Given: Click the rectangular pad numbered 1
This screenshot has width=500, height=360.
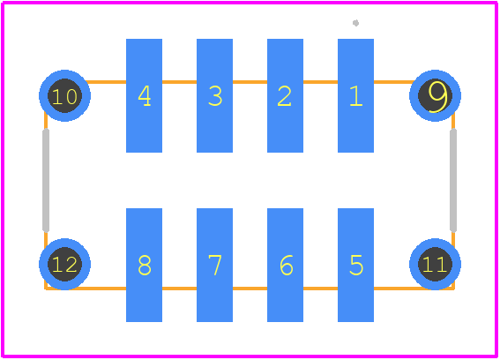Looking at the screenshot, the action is [355, 96].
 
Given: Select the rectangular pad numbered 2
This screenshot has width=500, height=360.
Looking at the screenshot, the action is [285, 96].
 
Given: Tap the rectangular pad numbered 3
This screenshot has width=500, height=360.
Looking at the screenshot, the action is [214, 96].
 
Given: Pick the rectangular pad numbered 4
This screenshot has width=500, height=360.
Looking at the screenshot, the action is [144, 96].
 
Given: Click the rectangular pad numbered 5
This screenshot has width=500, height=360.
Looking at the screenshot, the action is [355, 265].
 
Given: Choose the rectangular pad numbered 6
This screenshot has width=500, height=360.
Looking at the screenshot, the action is [285, 265].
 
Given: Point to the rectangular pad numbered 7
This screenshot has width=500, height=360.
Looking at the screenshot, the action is [214, 265].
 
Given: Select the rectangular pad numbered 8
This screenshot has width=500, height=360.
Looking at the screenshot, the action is [144, 265].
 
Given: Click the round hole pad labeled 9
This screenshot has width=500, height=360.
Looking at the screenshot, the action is [435, 96].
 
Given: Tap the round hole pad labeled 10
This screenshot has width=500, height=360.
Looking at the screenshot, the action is [64, 96].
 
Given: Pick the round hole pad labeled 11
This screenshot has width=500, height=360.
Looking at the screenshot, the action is [435, 264].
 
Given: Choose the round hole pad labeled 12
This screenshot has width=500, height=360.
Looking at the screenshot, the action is [64, 264].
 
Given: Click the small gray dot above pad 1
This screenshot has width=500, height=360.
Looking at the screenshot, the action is [356, 23].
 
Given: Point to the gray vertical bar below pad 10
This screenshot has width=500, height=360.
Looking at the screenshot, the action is [46, 180].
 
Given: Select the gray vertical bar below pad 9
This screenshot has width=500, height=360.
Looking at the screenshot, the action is [453, 180].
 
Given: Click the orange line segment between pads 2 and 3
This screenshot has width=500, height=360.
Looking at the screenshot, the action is [250, 82].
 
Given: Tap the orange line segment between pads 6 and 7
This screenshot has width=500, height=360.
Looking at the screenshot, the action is [250, 289].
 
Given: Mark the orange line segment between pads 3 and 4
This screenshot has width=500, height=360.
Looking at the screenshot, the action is [180, 82].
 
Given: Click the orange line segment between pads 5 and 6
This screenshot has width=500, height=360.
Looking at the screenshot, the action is [320, 289].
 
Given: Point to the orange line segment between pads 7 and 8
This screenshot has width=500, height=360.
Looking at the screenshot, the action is [180, 289].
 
